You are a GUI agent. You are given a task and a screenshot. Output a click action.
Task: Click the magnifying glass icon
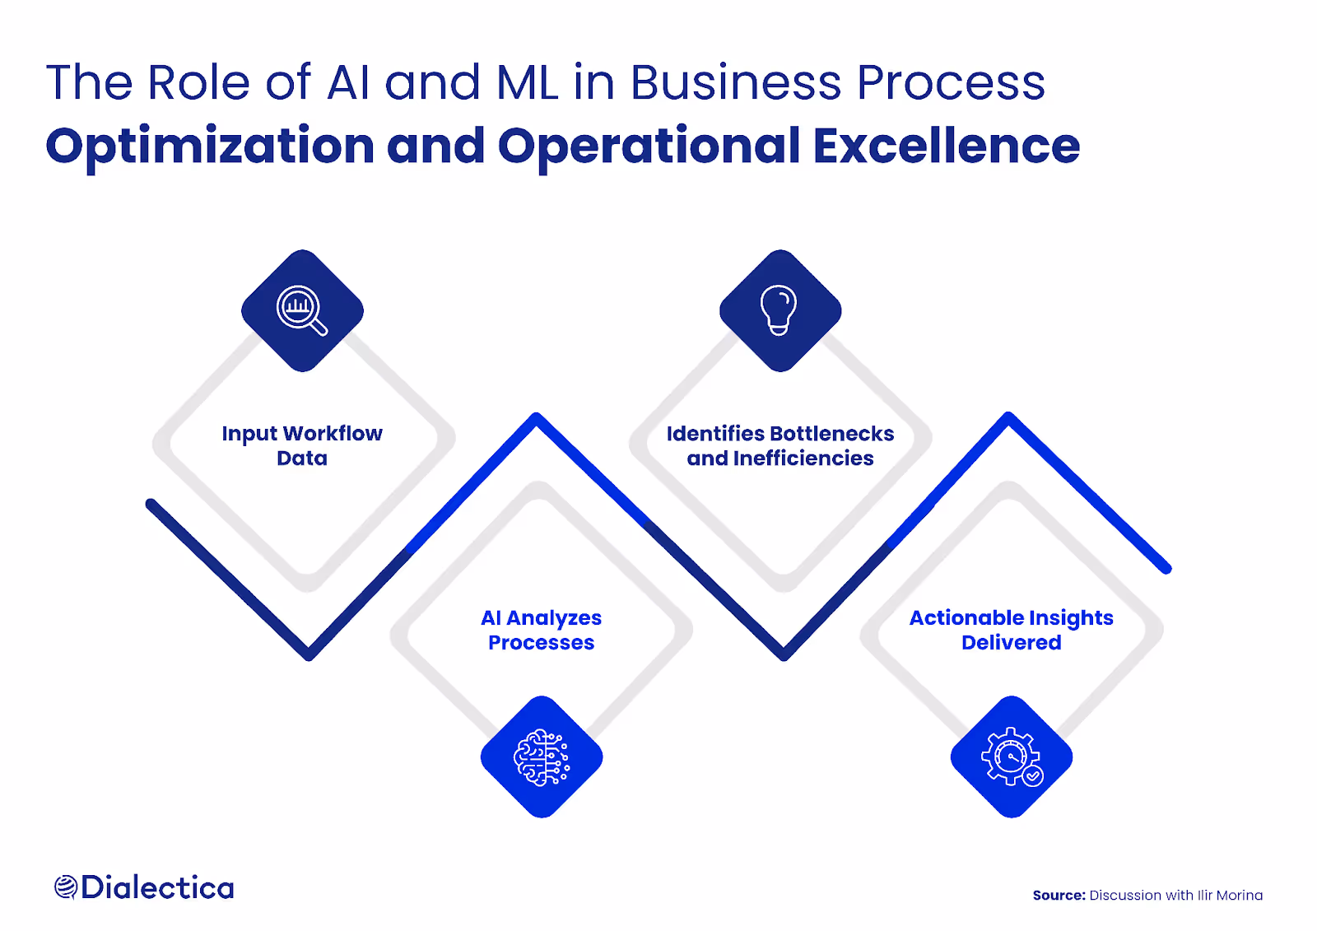pos(302,310)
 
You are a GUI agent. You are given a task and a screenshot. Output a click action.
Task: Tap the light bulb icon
pos(779,310)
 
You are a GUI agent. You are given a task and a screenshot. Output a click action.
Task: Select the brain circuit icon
pos(542,757)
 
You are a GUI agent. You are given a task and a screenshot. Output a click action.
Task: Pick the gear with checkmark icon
pos(1012,757)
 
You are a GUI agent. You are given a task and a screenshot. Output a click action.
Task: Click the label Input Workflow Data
pos(302,445)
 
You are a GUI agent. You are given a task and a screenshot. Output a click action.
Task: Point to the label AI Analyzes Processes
pos(541,630)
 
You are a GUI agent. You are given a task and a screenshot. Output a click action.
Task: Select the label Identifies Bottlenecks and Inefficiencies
pos(780,445)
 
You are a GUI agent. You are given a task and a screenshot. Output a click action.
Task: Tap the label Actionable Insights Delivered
pos(1011,630)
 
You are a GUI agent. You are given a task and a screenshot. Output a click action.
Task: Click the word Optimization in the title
pos(210,147)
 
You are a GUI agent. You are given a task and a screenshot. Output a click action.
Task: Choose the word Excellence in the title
pos(946,147)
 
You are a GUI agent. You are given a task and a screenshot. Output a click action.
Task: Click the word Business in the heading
pos(735,83)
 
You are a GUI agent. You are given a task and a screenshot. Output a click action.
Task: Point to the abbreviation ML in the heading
pos(528,83)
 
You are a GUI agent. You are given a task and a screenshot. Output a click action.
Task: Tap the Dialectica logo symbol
pos(65,887)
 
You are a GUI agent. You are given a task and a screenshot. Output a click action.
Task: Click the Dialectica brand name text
pos(157,887)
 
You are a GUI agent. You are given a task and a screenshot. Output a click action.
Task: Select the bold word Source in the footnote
pos(1059,896)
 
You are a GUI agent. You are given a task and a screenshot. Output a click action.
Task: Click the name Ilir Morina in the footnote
pos(1230,896)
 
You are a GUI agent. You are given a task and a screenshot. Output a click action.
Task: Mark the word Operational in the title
pos(649,147)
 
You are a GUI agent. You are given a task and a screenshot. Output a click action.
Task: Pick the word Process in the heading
pos(951,83)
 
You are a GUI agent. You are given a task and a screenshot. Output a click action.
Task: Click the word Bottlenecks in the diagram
pos(832,434)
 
